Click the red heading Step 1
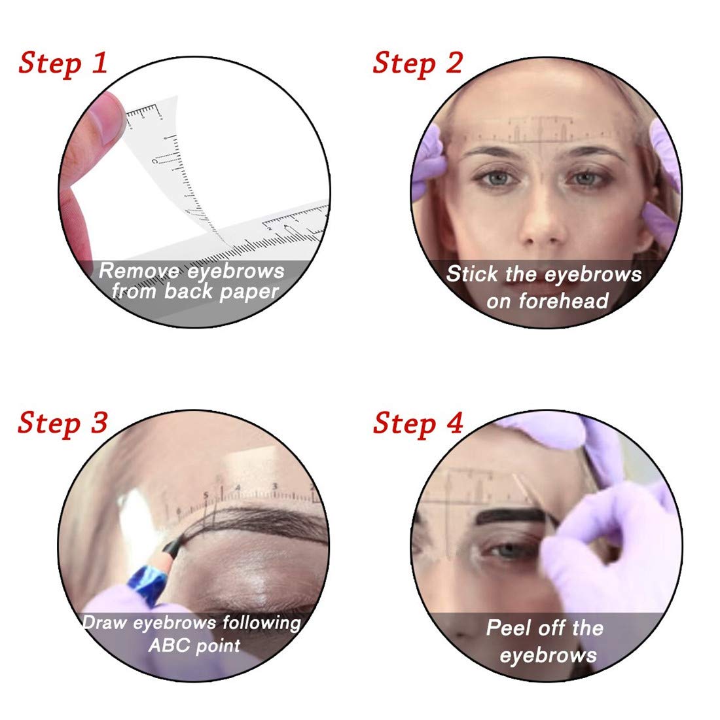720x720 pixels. tap(63, 63)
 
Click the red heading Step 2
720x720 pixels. tap(418, 63)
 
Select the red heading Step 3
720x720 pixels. tap(63, 423)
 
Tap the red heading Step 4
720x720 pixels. tap(418, 423)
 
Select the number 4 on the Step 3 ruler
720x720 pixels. tap(238, 488)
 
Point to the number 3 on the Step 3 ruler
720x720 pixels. tap(275, 486)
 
